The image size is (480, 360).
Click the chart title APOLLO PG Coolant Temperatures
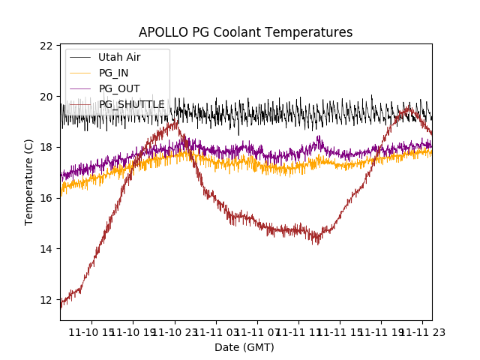pyautogui.click(x=245, y=32)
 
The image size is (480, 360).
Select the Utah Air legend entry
pyautogui.click(x=119, y=57)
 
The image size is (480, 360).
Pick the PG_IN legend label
pyautogui.click(x=114, y=73)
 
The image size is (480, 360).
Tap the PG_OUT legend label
pyautogui.click(x=119, y=88)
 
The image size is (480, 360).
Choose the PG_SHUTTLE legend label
pyautogui.click(x=132, y=104)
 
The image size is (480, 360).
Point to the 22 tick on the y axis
pyautogui.click(x=46, y=46)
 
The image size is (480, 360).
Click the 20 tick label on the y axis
pyautogui.click(x=46, y=97)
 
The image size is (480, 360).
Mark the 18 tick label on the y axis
pyautogui.click(x=46, y=147)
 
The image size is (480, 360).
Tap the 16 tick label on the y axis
pyautogui.click(x=46, y=198)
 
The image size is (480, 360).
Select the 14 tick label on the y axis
pyautogui.click(x=46, y=249)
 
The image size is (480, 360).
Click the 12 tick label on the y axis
pyautogui.click(x=46, y=300)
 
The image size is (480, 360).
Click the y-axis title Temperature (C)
pyautogui.click(x=29, y=182)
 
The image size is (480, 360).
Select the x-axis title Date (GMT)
pyautogui.click(x=244, y=347)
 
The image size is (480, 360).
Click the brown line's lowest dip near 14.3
pyautogui.click(x=317, y=242)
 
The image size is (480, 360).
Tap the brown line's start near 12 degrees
pyautogui.click(x=62, y=304)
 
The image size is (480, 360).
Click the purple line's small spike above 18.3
pyautogui.click(x=319, y=137)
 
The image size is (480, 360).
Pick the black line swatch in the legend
pyautogui.click(x=80, y=57)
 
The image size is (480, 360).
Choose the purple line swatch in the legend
pyautogui.click(x=80, y=88)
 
